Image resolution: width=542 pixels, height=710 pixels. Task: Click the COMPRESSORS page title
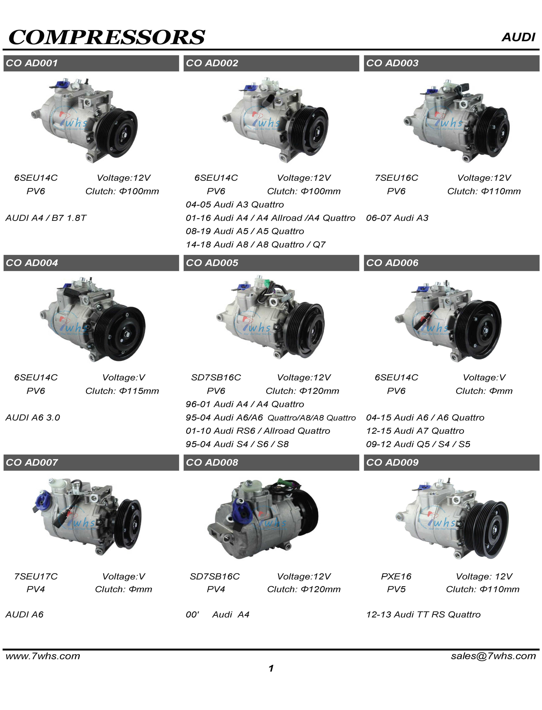pyautogui.click(x=107, y=37)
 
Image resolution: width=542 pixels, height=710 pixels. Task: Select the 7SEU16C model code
pyautogui.click(x=396, y=178)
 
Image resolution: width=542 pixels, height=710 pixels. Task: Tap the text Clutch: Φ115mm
pyautogui.click(x=122, y=391)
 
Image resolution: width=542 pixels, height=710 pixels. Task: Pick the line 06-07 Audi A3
pyautogui.click(x=397, y=218)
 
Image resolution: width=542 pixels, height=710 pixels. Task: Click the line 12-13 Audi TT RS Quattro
pyautogui.click(x=423, y=615)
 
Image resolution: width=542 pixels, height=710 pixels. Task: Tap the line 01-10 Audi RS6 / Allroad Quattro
pyautogui.click(x=258, y=431)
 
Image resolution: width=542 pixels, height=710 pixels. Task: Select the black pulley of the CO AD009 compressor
pyautogui.click(x=490, y=530)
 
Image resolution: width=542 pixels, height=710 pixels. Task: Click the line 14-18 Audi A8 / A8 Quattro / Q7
pyautogui.click(x=256, y=244)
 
